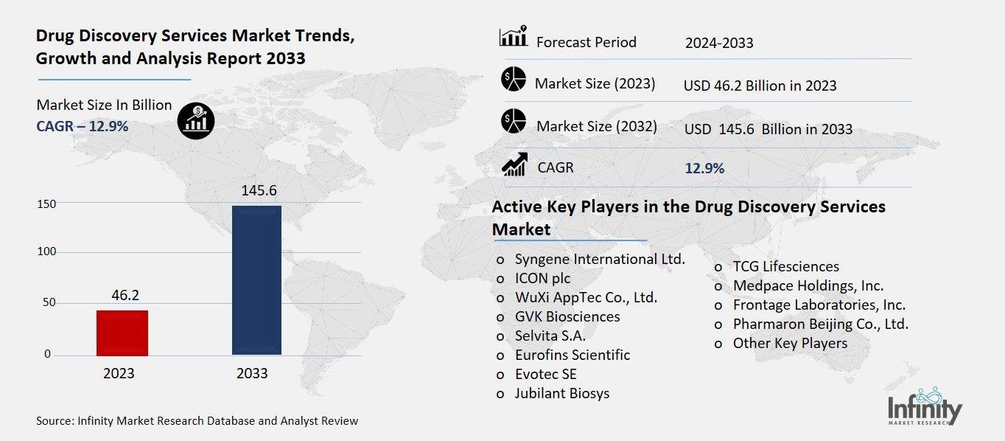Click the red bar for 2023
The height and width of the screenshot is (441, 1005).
pos(122,333)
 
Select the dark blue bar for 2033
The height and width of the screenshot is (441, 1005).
pos(256,280)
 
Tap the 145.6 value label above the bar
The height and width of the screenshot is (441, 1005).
pos(258,190)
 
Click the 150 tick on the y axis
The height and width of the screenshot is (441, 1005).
pos(46,204)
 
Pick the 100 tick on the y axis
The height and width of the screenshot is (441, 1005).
pos(46,252)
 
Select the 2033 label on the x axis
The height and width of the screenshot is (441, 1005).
pos(252,374)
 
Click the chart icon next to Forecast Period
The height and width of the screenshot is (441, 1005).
pos(513,37)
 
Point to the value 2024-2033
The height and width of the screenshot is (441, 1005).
pos(719,43)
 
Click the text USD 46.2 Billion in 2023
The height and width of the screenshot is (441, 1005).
pos(760,86)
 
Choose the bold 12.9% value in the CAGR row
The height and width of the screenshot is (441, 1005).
pos(704,169)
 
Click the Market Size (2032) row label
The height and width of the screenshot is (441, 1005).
pos(596,126)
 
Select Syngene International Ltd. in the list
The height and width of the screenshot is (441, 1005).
pos(600,260)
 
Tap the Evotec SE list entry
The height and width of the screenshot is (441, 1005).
pos(545,374)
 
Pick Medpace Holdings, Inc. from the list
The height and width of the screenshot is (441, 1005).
pos(808,285)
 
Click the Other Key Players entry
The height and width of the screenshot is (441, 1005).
pos(790,343)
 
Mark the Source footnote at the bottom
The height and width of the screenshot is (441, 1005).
pos(197,421)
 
